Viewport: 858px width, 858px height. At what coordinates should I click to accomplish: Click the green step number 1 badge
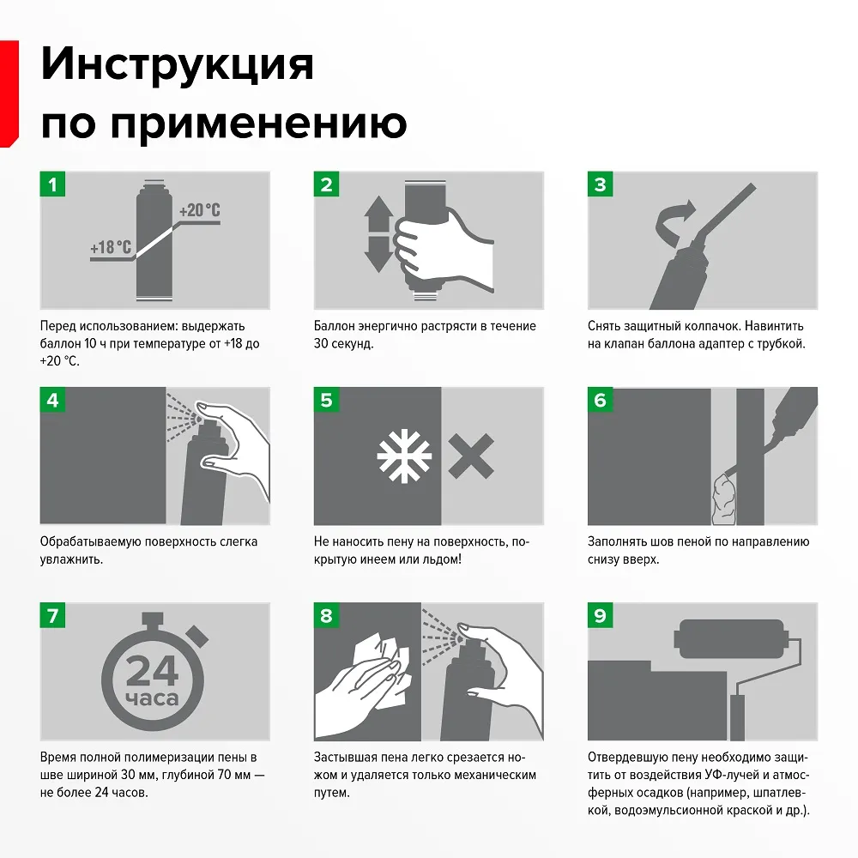tap(53, 184)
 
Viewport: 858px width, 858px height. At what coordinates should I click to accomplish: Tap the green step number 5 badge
tap(326, 400)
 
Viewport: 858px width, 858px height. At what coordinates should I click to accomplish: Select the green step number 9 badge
tap(600, 615)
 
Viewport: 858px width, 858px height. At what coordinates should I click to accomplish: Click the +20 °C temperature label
tap(199, 210)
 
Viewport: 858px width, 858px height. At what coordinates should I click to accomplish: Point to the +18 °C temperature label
tap(111, 249)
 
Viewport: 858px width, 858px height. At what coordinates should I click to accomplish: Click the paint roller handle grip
tap(737, 717)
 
